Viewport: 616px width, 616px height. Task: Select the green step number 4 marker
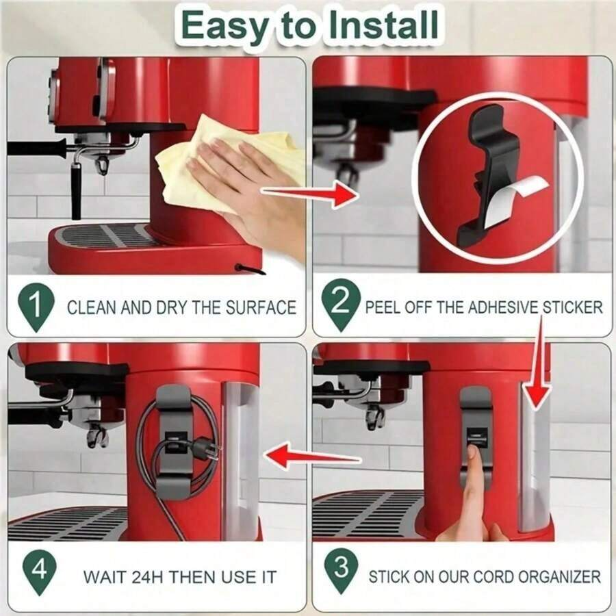tap(39, 572)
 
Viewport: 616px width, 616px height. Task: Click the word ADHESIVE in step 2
tap(504, 307)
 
